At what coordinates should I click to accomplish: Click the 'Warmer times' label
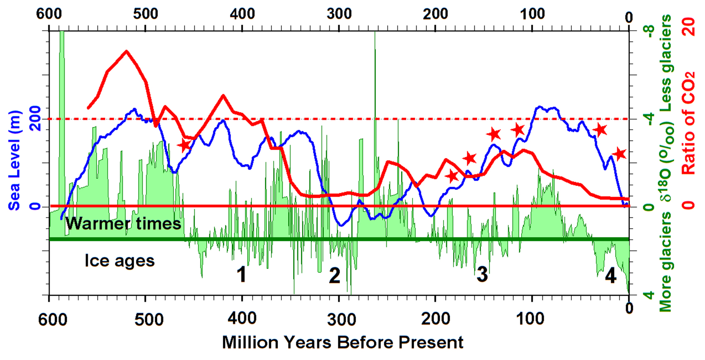[x=123, y=224]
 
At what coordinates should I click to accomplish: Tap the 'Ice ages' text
[x=120, y=261]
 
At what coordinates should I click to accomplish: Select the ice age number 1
[x=242, y=275]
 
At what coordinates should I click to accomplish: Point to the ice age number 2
[x=334, y=276]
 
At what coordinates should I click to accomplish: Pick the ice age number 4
[x=610, y=275]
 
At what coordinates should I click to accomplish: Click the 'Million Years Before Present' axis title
[x=342, y=343]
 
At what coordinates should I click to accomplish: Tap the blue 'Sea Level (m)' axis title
[x=15, y=161]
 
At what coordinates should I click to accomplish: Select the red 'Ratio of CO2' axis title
[x=688, y=123]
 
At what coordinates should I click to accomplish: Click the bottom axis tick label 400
[x=242, y=319]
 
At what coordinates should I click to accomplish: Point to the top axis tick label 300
[x=339, y=14]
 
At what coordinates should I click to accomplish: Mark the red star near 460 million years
[x=184, y=146]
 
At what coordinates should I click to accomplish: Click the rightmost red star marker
[x=620, y=154]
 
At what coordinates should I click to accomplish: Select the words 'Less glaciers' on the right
[x=666, y=63]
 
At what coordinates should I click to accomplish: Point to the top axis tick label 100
[x=532, y=14]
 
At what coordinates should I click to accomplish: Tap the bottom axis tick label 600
[x=53, y=319]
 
